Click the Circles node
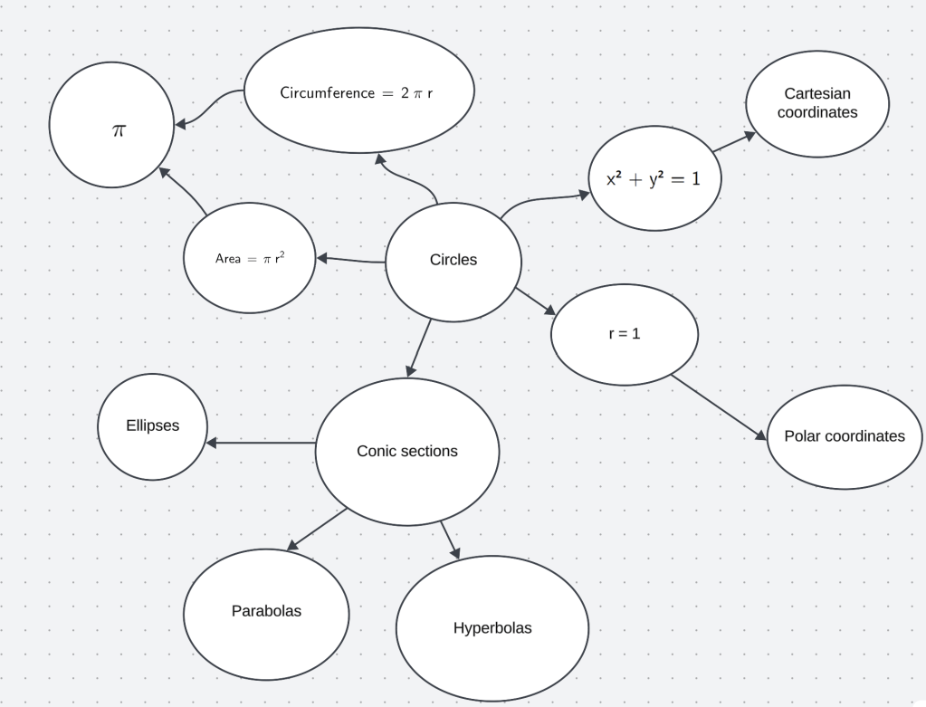pos(453,261)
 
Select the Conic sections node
pos(407,451)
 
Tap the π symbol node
pos(111,125)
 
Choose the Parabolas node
pos(266,612)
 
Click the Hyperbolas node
pos(492,628)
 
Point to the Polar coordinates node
pos(845,436)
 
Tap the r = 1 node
pos(625,333)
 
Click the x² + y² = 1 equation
pos(654,178)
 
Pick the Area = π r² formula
pos(250,258)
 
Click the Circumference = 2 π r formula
pos(359,92)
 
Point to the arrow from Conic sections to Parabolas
pos(317,530)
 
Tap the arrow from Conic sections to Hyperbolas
pos(450,540)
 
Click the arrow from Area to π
pos(184,191)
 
